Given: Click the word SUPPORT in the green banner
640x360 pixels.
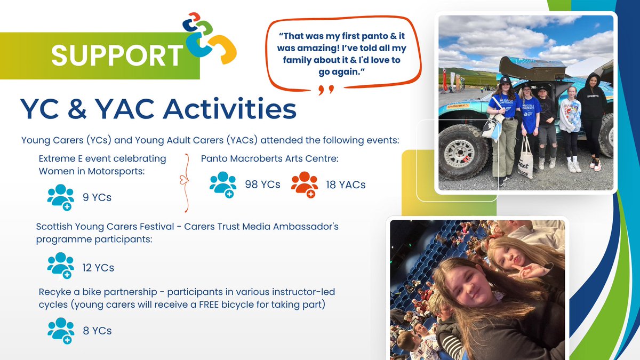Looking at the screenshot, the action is point(117,55).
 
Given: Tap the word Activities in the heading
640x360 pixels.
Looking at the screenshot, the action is point(229,109).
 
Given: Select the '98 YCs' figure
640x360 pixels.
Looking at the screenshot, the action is point(262,185).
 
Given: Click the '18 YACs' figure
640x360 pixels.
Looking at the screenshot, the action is point(346,185).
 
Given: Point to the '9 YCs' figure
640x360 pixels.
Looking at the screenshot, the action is point(97,197).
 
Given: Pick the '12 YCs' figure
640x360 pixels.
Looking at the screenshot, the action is point(98,268).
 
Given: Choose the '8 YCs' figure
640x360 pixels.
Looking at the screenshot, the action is point(97,331).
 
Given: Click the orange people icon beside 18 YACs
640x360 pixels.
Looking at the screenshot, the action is point(305,185).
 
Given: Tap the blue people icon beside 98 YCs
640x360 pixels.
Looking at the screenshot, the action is point(223,185).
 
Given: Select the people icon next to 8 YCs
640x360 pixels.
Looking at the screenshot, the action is point(61,331).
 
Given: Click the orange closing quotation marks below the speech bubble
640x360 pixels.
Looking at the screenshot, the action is point(326,90).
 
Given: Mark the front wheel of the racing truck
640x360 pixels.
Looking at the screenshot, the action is point(463,151).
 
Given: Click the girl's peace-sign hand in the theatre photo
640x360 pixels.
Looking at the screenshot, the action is point(526,270).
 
